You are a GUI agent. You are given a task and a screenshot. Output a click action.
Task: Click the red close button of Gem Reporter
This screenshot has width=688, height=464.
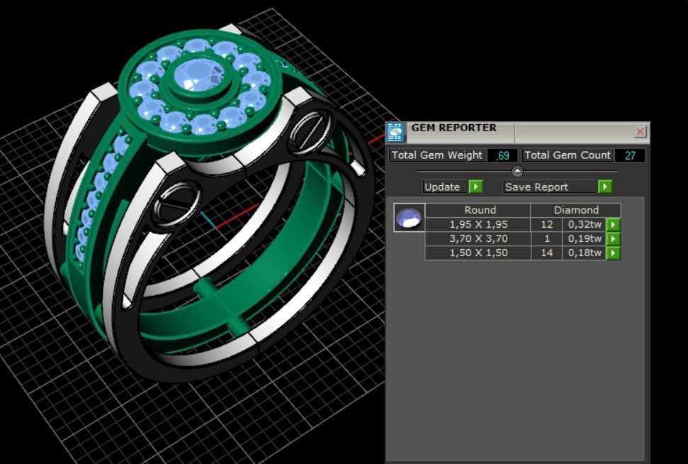point(640,131)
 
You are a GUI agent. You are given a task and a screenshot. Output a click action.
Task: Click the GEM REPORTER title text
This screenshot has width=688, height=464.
point(453,128)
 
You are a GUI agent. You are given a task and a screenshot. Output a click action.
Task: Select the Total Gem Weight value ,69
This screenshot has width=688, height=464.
point(502,155)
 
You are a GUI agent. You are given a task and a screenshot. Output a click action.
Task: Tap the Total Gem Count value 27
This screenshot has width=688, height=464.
point(629,155)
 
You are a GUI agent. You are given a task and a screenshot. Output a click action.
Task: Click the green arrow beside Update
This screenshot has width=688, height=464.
point(475,187)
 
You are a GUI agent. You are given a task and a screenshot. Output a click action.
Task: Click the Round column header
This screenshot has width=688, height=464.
point(480,210)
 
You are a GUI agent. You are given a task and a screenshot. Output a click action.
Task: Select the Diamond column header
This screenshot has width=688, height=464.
point(576,210)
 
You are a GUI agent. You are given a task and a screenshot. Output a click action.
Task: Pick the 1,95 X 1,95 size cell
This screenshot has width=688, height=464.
point(478,224)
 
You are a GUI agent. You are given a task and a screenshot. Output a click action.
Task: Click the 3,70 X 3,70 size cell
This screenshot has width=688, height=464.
point(478,238)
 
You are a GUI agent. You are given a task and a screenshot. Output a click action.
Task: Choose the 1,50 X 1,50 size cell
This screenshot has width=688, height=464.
point(478,253)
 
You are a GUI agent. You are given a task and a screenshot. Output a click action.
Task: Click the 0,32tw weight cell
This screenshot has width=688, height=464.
point(585,224)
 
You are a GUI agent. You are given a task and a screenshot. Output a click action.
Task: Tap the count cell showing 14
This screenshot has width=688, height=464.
point(546,253)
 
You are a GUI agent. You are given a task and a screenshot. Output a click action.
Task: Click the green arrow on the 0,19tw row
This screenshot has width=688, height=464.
point(613,239)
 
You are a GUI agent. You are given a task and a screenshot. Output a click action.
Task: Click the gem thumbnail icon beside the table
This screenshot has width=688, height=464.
point(409,218)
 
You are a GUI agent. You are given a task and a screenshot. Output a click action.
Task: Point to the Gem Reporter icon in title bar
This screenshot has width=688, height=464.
point(395,133)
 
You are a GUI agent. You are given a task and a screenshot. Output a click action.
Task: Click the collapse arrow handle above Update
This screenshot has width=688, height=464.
point(517,171)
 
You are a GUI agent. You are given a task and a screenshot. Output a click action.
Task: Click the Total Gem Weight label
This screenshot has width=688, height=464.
point(437,155)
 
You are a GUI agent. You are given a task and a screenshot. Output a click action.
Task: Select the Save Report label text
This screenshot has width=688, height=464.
point(536,187)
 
